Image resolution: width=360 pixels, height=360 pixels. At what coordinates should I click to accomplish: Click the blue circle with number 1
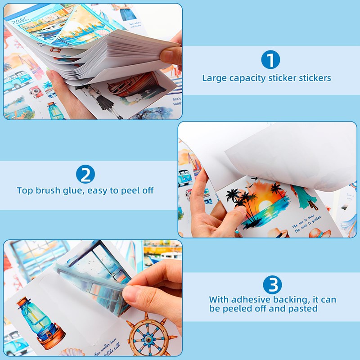click(270, 60)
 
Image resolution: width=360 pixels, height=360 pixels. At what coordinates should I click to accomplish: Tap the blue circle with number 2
click(85, 174)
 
